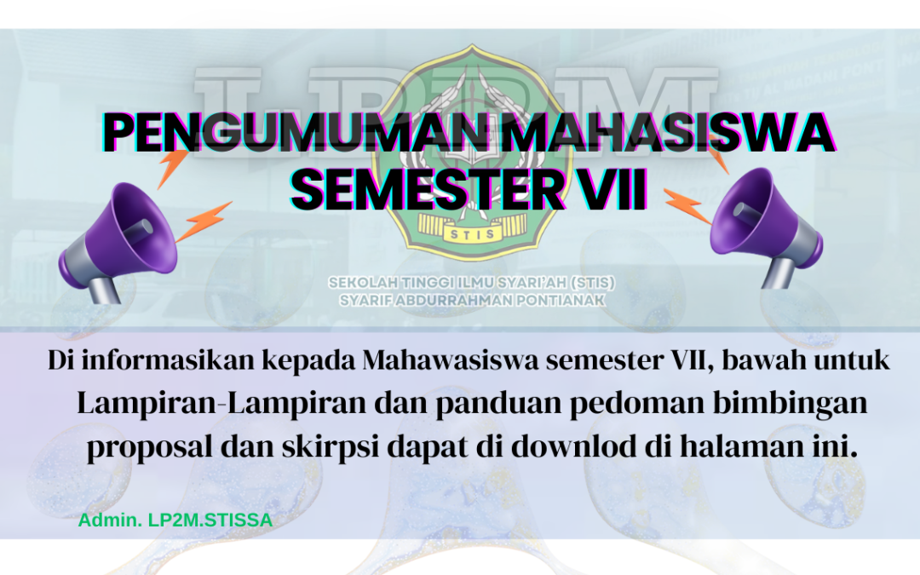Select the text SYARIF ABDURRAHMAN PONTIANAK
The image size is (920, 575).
[x=460, y=300]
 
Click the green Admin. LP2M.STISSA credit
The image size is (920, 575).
[x=175, y=520]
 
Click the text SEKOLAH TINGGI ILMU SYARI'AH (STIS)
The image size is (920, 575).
[x=460, y=282]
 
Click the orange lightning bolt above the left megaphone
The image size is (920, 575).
[x=173, y=167]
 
